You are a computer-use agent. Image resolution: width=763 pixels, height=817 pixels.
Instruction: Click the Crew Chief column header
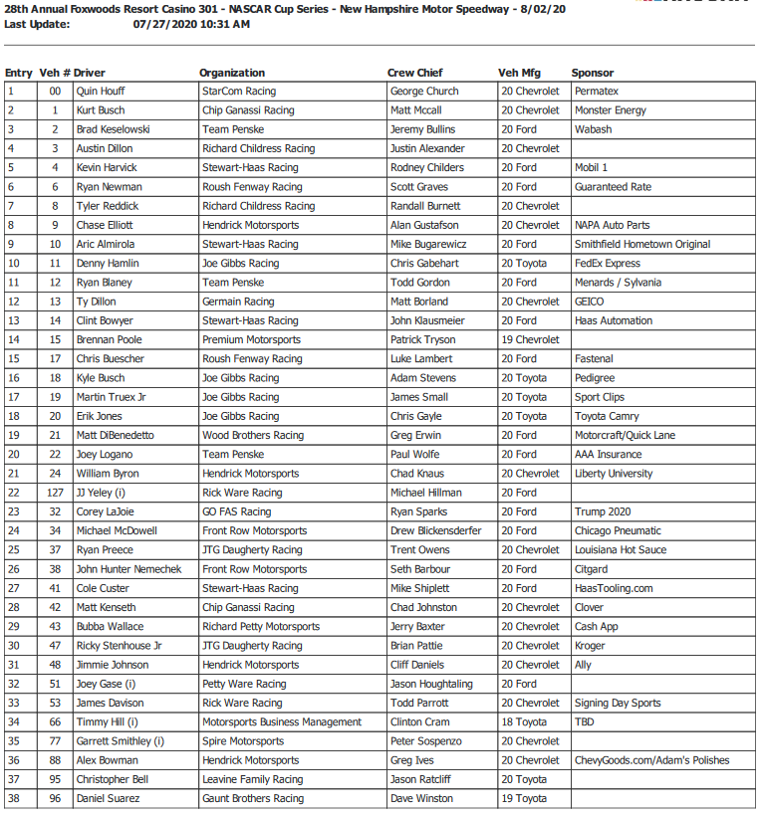coord(414,73)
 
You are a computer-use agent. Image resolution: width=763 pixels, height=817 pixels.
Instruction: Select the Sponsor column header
coord(592,73)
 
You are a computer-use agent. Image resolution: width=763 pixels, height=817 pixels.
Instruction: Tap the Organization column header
coord(232,73)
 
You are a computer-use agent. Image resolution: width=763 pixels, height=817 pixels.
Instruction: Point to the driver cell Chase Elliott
coord(105,225)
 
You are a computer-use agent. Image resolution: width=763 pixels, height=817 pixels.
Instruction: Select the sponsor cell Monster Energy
coord(610,110)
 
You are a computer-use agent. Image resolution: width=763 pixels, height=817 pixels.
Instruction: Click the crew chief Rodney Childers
coord(426,168)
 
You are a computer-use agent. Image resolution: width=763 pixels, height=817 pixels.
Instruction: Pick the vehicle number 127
coord(54,493)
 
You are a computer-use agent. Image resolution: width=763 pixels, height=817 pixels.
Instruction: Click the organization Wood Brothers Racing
coord(252,435)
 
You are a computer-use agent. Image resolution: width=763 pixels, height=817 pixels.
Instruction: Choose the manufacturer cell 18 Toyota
coord(524,722)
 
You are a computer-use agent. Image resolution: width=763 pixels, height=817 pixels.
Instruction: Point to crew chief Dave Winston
coord(422,798)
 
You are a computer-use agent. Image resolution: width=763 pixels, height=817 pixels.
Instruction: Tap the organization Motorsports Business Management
coord(281,722)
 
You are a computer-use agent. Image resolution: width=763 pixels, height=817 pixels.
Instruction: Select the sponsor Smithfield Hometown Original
coord(641,244)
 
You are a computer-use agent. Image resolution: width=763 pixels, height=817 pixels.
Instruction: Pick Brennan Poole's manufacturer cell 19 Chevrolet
coord(530,339)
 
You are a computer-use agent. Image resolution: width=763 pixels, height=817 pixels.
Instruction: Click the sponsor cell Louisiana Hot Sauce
coord(620,550)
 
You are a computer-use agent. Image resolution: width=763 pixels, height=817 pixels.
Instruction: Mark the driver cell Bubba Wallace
coord(110,627)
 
